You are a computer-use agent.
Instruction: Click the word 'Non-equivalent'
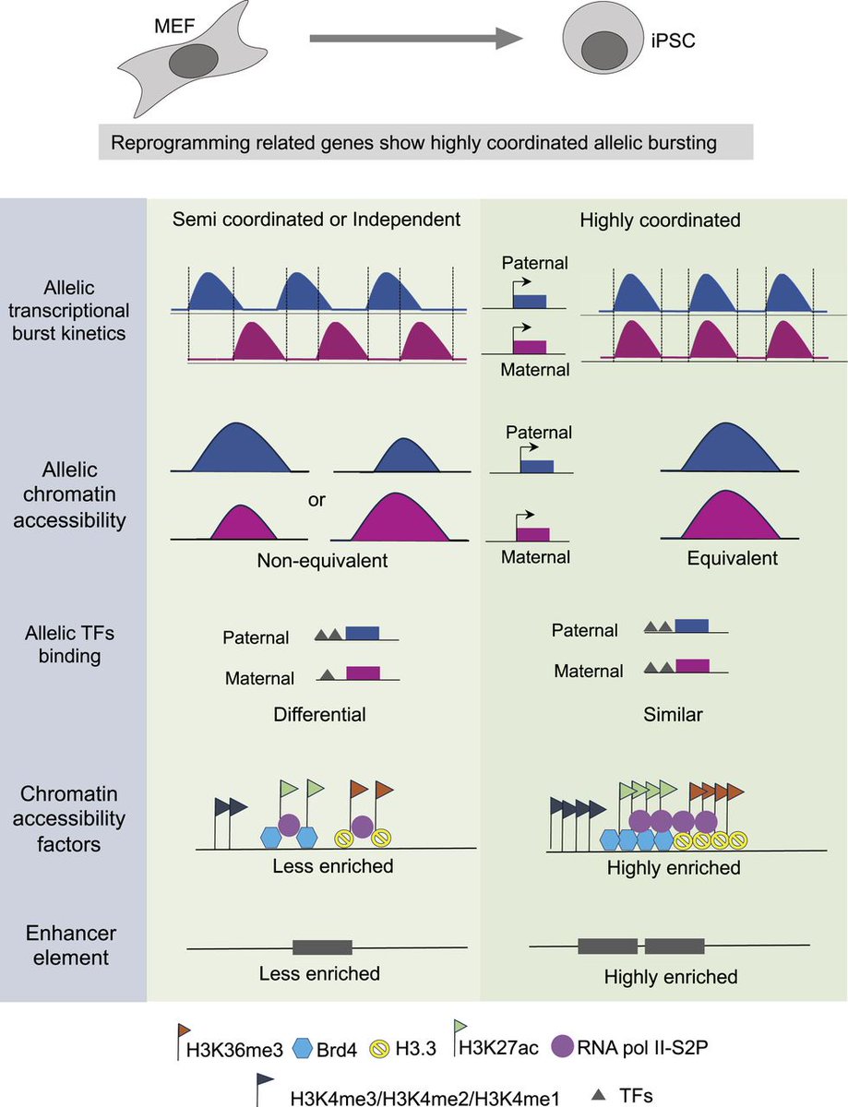315,560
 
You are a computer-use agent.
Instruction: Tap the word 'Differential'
319,713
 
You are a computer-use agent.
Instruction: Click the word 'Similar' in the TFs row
674,713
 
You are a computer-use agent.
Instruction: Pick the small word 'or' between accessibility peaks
317,502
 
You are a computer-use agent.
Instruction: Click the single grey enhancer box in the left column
322,946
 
